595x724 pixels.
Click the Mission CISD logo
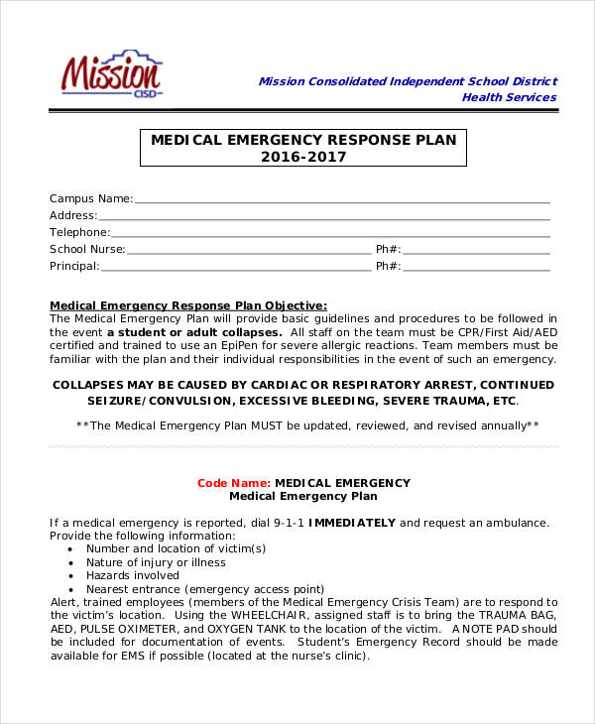click(x=111, y=74)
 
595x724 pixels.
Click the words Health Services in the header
click(x=509, y=97)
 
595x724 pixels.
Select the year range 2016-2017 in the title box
click(x=303, y=157)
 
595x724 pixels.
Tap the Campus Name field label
click(x=90, y=198)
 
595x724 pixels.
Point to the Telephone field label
click(x=79, y=232)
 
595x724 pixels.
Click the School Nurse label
click(x=87, y=249)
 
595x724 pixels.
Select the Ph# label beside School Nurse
click(x=388, y=249)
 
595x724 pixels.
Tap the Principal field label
click(x=74, y=266)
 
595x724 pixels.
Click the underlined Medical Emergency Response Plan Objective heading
click(x=188, y=304)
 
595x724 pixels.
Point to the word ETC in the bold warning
click(x=505, y=401)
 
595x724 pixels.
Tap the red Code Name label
click(x=232, y=483)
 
